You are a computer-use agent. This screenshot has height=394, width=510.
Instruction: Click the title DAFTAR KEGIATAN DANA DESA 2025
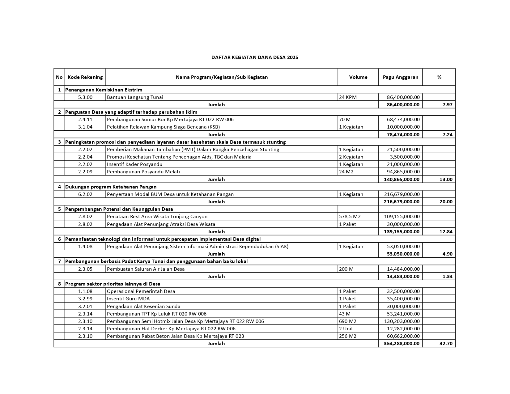coord(255,57)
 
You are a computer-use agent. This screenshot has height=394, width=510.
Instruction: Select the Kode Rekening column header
coord(85,77)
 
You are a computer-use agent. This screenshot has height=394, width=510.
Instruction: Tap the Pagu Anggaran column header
coord(400,77)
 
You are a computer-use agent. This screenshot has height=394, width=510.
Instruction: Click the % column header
coord(439,77)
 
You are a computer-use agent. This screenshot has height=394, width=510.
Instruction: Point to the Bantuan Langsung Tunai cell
coord(135,97)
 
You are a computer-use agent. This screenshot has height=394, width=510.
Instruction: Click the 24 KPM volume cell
coord(348,97)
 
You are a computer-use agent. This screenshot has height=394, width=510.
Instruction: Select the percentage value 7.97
coord(447,105)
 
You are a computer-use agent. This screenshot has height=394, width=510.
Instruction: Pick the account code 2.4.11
coord(85,120)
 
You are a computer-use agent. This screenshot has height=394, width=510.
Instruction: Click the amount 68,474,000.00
coord(403,120)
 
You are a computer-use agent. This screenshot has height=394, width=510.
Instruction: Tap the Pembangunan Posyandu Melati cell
coord(143,172)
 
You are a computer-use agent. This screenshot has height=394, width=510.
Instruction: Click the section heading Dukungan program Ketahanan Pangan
coord(111,187)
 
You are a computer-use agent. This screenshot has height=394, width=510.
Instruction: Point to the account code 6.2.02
coord(85,194)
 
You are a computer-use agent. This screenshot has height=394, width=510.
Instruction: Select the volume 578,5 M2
coord(350,217)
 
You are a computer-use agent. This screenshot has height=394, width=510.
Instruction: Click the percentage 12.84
coord(446,232)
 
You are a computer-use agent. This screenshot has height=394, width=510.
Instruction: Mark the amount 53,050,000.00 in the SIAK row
coord(403,247)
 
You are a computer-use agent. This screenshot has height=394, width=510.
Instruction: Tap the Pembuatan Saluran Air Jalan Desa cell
coord(146,269)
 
